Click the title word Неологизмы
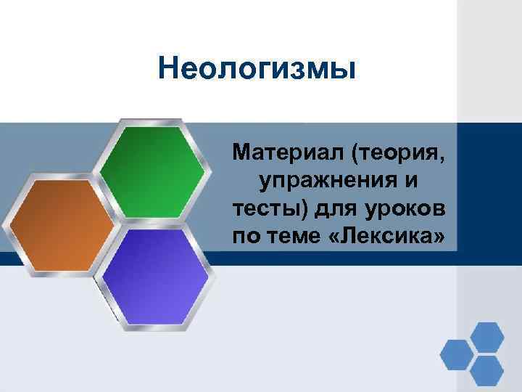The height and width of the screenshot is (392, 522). coord(257,70)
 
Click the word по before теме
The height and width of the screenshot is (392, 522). coord(245,236)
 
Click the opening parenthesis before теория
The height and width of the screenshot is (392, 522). coord(339,153)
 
